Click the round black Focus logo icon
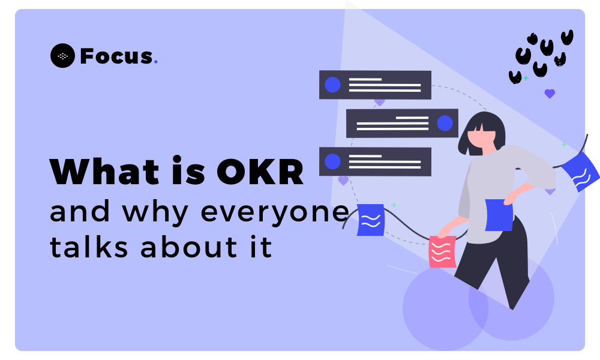click(62, 55)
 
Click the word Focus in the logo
click(116, 56)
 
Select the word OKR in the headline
click(260, 172)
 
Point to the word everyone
click(274, 212)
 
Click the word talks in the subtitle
click(89, 246)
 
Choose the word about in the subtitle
click(188, 246)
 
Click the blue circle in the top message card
click(332, 85)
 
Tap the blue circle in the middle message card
click(445, 123)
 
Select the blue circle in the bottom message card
click(332, 161)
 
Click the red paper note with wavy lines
click(442, 252)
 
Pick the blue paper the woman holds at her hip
click(499, 215)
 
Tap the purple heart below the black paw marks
click(550, 94)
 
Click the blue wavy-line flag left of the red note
click(371, 220)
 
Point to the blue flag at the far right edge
click(580, 172)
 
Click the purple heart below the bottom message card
click(344, 180)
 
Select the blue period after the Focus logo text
click(155, 62)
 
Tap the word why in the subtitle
click(155, 212)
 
